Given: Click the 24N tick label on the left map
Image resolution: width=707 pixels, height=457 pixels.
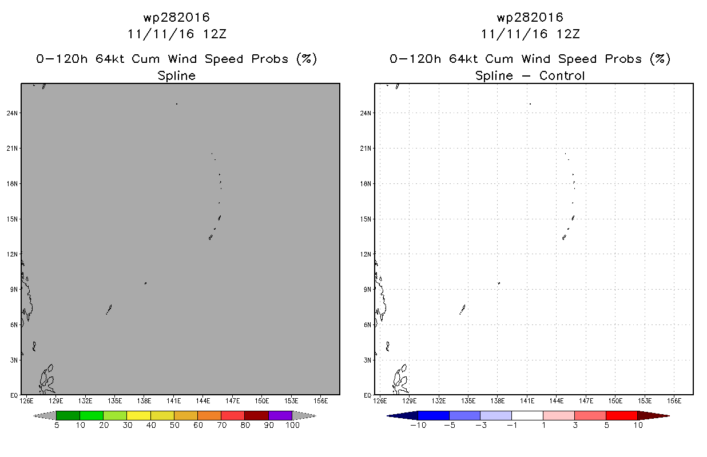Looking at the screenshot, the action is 12,113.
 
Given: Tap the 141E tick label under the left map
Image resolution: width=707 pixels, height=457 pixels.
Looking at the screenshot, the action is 173,401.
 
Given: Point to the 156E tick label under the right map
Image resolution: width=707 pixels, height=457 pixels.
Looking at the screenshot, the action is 674,401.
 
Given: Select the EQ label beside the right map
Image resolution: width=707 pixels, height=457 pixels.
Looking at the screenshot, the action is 367,395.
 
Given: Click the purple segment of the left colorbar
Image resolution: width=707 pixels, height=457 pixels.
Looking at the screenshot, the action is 280,415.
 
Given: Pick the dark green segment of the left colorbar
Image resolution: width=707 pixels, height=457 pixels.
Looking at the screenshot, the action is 68,415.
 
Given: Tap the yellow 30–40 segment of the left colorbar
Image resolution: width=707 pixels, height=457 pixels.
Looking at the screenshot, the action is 138,415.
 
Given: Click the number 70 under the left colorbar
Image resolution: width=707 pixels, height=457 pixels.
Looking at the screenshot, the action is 221,425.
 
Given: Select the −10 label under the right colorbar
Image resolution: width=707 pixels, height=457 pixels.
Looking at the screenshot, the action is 418,425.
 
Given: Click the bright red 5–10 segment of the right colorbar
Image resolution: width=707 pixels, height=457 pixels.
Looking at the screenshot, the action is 622,415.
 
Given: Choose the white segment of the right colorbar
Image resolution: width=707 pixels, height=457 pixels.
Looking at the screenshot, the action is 527,415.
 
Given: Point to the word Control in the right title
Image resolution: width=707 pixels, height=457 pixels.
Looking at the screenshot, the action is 562,75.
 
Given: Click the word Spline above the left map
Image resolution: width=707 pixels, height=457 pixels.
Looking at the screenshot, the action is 176,75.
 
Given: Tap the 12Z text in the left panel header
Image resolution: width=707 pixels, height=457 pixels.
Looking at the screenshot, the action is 215,34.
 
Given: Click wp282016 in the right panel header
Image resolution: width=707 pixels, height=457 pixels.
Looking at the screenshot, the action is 530,17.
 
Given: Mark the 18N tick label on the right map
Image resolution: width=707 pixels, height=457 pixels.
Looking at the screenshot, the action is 366,184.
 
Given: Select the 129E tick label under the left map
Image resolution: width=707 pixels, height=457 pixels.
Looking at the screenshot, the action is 56,401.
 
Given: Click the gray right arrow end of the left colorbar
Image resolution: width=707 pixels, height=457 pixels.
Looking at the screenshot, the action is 304,415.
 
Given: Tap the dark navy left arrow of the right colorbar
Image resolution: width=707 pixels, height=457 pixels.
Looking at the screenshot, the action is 402,415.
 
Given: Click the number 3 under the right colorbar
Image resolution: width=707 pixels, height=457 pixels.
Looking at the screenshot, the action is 575,425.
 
